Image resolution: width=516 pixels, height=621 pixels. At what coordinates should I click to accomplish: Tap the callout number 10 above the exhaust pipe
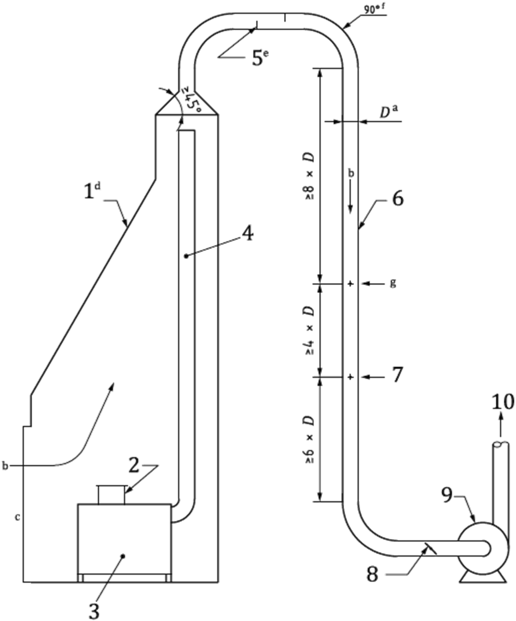click(503, 403)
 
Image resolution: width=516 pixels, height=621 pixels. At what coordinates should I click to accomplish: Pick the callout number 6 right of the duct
click(397, 199)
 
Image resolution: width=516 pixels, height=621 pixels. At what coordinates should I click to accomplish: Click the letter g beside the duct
click(393, 283)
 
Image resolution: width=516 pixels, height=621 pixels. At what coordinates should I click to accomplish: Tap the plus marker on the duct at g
click(350, 284)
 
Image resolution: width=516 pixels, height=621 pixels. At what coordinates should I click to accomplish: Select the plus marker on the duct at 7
click(350, 377)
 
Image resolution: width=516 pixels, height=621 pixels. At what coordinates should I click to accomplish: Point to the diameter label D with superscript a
click(388, 113)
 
